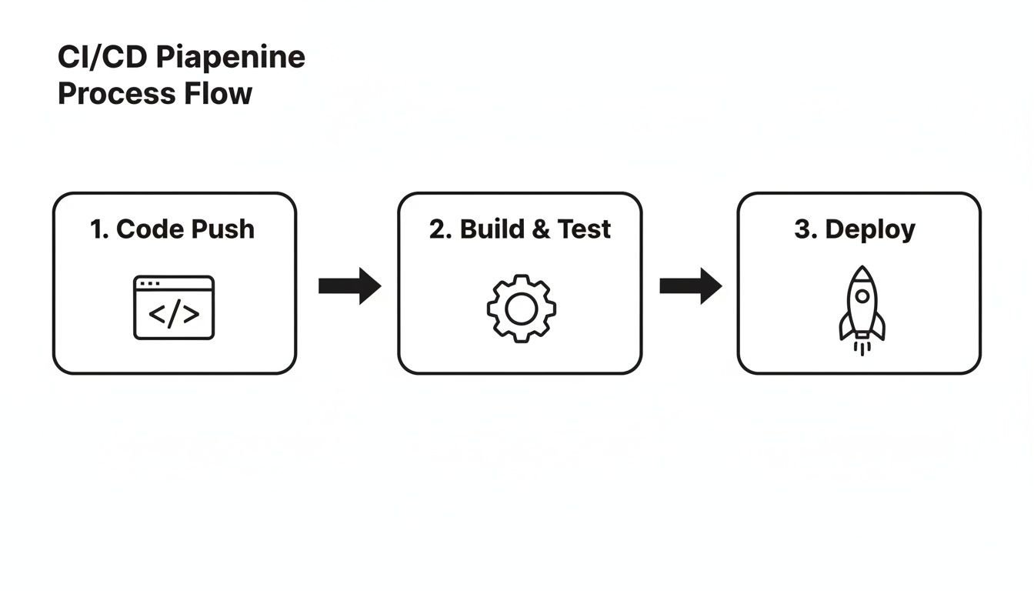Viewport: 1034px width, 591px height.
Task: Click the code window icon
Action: point(174,308)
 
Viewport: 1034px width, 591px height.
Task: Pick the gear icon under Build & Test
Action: point(521,309)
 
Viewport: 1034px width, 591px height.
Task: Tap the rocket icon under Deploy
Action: point(862,306)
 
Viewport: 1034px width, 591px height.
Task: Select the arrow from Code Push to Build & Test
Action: point(349,286)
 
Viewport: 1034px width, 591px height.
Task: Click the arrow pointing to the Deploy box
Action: point(690,286)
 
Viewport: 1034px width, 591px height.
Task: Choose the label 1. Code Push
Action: point(172,229)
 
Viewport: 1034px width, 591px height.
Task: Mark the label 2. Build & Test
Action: point(520,229)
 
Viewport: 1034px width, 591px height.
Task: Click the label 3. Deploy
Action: point(855,229)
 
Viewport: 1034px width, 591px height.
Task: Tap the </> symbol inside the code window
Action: point(174,315)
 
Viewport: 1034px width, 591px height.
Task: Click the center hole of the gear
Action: point(521,309)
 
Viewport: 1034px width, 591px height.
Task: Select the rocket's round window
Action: point(862,295)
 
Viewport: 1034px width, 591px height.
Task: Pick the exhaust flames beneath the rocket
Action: point(862,347)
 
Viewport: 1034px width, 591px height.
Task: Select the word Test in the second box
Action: point(584,229)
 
